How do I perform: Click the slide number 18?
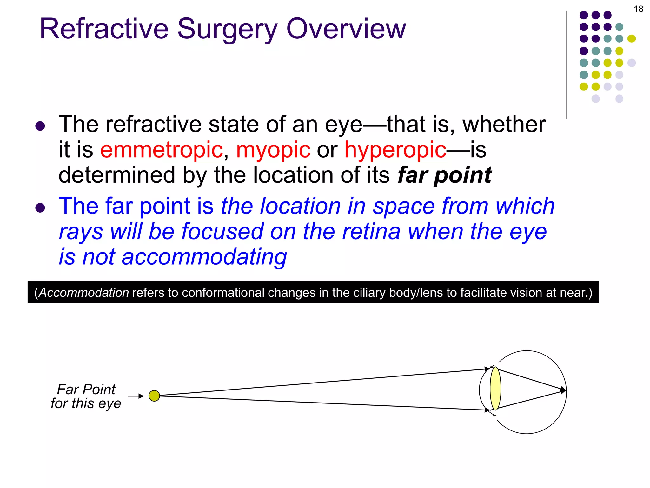click(638, 9)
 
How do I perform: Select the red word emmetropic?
click(162, 150)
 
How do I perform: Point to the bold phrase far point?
click(444, 175)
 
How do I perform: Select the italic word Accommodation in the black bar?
click(84, 293)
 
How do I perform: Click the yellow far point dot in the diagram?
click(154, 396)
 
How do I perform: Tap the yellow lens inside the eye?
click(495, 389)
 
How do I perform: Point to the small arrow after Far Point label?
click(136, 396)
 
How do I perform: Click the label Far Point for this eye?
click(86, 396)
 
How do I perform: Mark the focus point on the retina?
click(563, 390)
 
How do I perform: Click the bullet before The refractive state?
click(40, 126)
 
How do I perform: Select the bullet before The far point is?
click(40, 208)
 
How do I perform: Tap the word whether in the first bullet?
click(504, 125)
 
